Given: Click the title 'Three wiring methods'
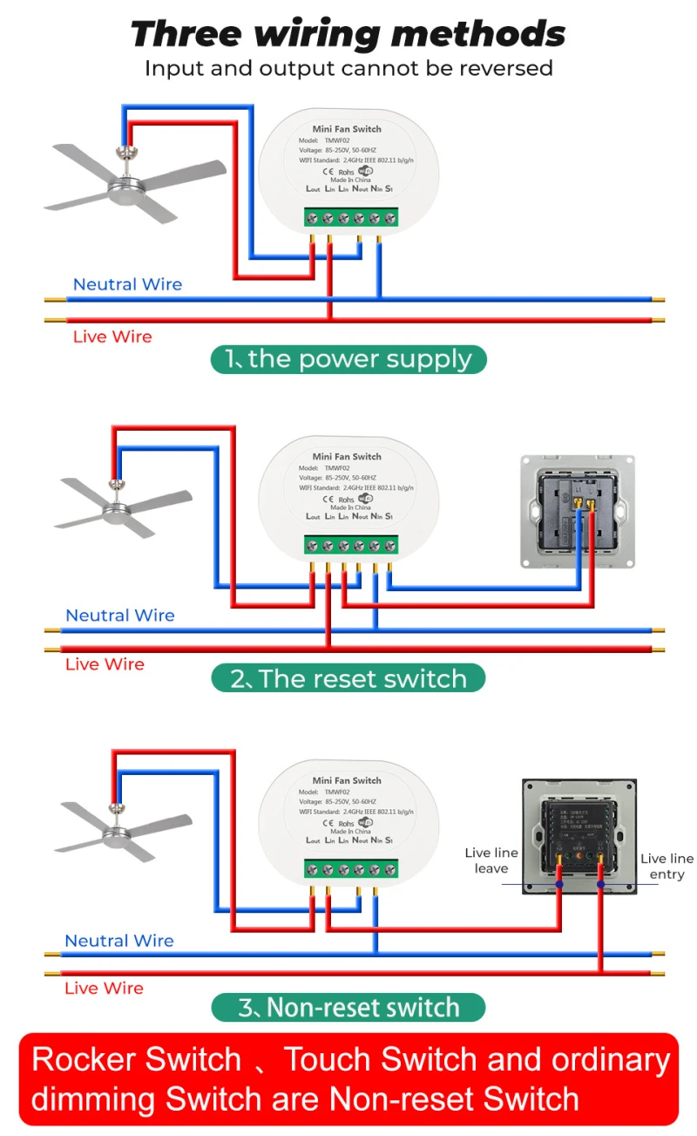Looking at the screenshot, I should coord(348,34).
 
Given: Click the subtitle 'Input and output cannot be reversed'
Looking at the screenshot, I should coord(348,68).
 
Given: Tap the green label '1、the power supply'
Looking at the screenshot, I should coord(348,359).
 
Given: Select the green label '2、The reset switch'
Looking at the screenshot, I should coord(348,678).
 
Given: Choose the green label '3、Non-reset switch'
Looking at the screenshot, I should coord(348,1008).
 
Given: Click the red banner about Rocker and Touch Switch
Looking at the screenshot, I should coord(348,1078).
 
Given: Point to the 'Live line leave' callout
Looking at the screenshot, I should coord(491,861).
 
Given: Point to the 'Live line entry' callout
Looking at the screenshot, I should coord(667,866).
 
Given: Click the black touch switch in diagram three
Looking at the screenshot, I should coord(579,835).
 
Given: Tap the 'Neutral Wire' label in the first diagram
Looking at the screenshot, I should coord(127,284).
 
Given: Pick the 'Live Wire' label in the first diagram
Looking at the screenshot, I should coord(112,337).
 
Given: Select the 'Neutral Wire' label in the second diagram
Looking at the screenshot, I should coord(120,616).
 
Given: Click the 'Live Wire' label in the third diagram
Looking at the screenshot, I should coord(105,988).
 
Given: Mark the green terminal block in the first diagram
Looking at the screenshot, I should coord(351,217).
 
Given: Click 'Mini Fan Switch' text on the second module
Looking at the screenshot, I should coord(347,456).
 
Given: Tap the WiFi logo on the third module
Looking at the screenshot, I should coord(365,822).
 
